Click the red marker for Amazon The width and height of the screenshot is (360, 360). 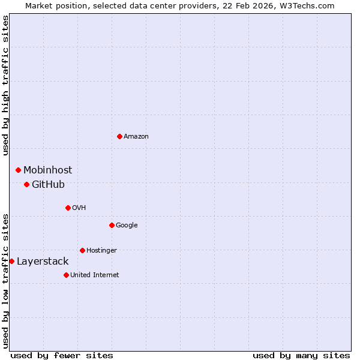click(x=119, y=136)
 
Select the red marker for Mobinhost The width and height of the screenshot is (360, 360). click(x=18, y=170)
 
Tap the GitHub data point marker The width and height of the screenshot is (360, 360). click(x=26, y=184)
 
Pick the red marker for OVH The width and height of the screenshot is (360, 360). click(x=68, y=208)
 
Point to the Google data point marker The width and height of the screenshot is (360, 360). click(x=112, y=225)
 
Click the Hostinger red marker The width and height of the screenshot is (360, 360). click(x=82, y=250)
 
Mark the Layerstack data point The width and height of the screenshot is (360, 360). click(x=11, y=261)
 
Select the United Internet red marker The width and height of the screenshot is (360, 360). click(x=66, y=275)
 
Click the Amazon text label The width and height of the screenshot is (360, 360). click(x=136, y=137)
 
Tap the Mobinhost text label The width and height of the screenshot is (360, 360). click(x=47, y=170)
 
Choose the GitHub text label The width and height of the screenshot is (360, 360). click(x=48, y=185)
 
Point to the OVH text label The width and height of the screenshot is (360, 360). click(x=79, y=208)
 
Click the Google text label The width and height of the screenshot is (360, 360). click(x=127, y=226)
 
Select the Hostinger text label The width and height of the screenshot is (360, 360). click(x=101, y=250)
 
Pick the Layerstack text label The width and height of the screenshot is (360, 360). click(x=43, y=262)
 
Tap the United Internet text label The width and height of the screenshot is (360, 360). click(x=94, y=275)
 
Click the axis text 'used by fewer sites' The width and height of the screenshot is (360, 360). click(x=62, y=355)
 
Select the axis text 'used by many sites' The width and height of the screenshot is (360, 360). click(x=301, y=355)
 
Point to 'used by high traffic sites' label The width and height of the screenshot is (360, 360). click(x=5, y=85)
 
